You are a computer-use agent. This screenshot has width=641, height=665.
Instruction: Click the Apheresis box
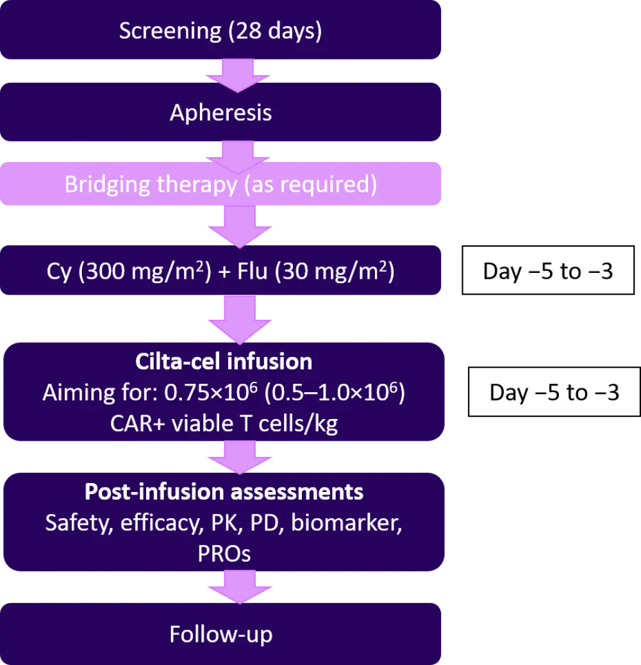click(x=221, y=113)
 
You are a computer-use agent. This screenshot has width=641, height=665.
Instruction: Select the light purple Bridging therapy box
click(x=221, y=185)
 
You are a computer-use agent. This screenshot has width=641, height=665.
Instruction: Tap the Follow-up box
click(x=221, y=634)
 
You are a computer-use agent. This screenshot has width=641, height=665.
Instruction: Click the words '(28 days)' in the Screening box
click(x=275, y=31)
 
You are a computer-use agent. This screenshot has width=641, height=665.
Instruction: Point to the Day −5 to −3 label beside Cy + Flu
click(x=548, y=271)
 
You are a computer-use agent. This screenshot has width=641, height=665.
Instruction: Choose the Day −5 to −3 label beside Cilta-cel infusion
click(x=554, y=392)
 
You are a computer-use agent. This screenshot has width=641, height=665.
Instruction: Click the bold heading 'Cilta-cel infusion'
click(x=224, y=362)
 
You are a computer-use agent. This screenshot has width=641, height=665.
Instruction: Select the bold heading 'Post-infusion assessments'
click(x=224, y=492)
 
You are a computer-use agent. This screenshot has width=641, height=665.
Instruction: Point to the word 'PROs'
click(x=224, y=553)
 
